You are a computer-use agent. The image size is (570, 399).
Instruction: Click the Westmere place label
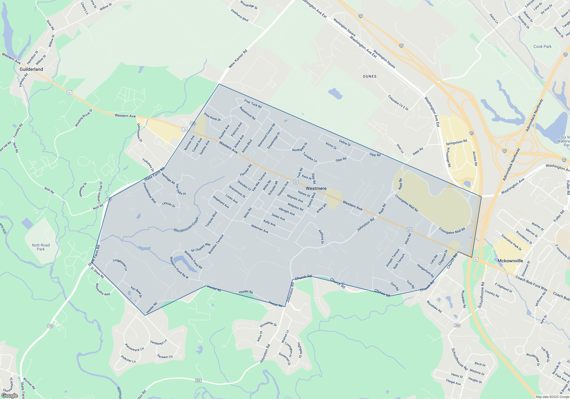point(316,188)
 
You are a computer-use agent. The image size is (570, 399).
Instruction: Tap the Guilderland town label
point(31,69)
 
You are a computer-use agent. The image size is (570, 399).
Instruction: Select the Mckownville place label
point(510,261)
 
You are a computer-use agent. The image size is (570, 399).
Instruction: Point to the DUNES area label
point(370,76)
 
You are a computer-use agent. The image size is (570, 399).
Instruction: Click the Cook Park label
point(542,46)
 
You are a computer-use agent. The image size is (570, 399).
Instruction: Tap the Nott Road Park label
point(41,247)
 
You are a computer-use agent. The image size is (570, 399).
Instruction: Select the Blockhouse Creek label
point(186,225)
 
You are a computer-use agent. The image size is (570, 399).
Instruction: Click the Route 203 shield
point(198,380)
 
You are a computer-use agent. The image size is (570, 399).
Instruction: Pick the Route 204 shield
point(457,325)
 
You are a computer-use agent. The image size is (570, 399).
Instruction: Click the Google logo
point(10,396)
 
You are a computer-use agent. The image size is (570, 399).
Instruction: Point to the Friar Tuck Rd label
point(253,104)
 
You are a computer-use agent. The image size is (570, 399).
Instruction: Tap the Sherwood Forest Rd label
point(266,135)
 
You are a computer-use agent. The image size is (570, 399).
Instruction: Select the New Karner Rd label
point(238,59)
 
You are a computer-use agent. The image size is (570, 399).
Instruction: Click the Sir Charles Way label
point(201,247)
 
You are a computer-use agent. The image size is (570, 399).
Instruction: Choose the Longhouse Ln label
point(120,264)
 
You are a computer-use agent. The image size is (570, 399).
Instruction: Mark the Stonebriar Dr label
point(268,324)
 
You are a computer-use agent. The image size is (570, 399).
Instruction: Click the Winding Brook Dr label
point(84,118)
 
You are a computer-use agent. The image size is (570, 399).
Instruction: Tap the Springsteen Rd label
point(456,142)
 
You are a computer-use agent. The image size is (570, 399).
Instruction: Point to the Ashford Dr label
point(321,237)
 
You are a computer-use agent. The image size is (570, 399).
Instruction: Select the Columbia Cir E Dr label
point(398,103)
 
